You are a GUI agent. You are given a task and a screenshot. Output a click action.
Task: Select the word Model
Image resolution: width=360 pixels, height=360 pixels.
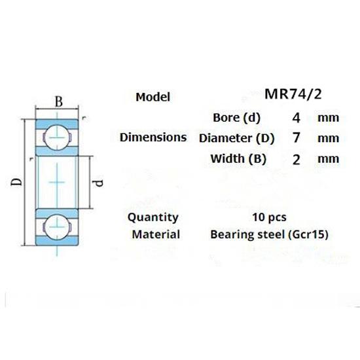click(x=153, y=97)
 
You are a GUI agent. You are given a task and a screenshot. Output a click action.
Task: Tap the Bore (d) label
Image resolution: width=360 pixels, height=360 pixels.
click(x=237, y=118)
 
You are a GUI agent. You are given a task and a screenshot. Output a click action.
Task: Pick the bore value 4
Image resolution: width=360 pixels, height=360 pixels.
click(x=297, y=118)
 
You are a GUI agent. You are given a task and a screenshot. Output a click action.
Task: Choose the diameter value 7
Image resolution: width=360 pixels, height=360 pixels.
click(x=297, y=138)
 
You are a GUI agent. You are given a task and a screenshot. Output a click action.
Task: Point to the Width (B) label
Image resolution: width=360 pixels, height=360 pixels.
click(x=237, y=158)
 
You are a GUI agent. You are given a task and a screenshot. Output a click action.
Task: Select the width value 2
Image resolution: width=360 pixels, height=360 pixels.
click(x=297, y=159)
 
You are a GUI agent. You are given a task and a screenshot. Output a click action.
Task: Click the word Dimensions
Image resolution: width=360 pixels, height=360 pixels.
click(x=153, y=137)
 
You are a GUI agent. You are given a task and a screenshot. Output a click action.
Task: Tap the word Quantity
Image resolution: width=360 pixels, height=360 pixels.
click(x=153, y=217)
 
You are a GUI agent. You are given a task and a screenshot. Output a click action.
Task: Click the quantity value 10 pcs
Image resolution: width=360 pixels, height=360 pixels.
click(x=269, y=217)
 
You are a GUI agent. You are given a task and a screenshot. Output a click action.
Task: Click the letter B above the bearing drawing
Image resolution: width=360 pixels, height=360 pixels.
click(x=58, y=101)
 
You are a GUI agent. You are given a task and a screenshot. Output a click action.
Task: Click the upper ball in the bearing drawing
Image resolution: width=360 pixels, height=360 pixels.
click(x=57, y=136)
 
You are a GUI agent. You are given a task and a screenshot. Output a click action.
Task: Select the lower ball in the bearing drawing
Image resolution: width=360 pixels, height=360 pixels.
click(x=57, y=225)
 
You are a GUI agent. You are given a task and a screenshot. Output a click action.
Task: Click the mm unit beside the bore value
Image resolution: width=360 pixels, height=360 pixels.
click(x=328, y=118)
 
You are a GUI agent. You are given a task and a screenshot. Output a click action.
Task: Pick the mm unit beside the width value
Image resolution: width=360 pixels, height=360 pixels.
click(x=328, y=159)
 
